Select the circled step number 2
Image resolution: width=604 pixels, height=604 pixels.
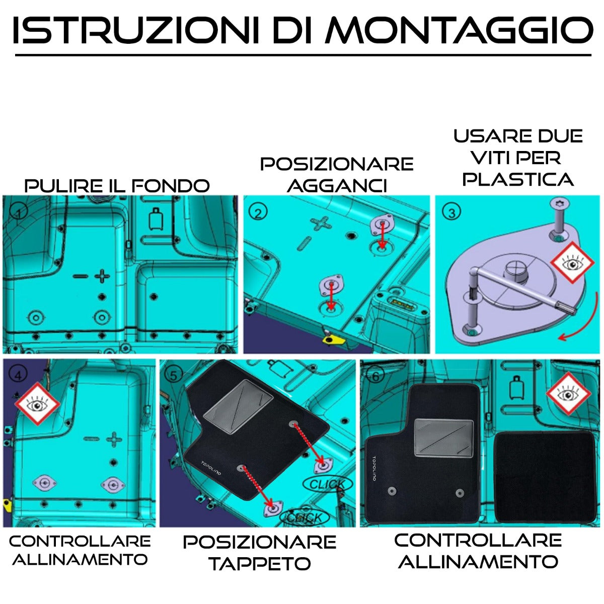coord(258,212)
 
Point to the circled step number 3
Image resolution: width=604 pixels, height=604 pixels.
coord(451,212)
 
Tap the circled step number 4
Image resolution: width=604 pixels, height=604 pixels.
coord(19,375)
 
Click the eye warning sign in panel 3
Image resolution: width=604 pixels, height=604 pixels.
coord(572,262)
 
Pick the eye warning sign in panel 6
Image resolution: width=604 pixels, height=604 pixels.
coord(568,394)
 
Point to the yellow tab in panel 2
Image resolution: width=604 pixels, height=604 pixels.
coord(333,340)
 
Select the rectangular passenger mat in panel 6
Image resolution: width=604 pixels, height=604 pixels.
coord(545,477)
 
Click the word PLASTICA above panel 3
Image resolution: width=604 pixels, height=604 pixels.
coord(518,179)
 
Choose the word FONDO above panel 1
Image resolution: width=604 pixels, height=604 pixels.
coord(171,186)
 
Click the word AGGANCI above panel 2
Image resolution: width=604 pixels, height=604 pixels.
coord(337,186)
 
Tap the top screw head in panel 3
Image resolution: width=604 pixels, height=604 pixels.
coord(560,204)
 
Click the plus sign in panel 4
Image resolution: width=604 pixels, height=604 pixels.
coord(114,438)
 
